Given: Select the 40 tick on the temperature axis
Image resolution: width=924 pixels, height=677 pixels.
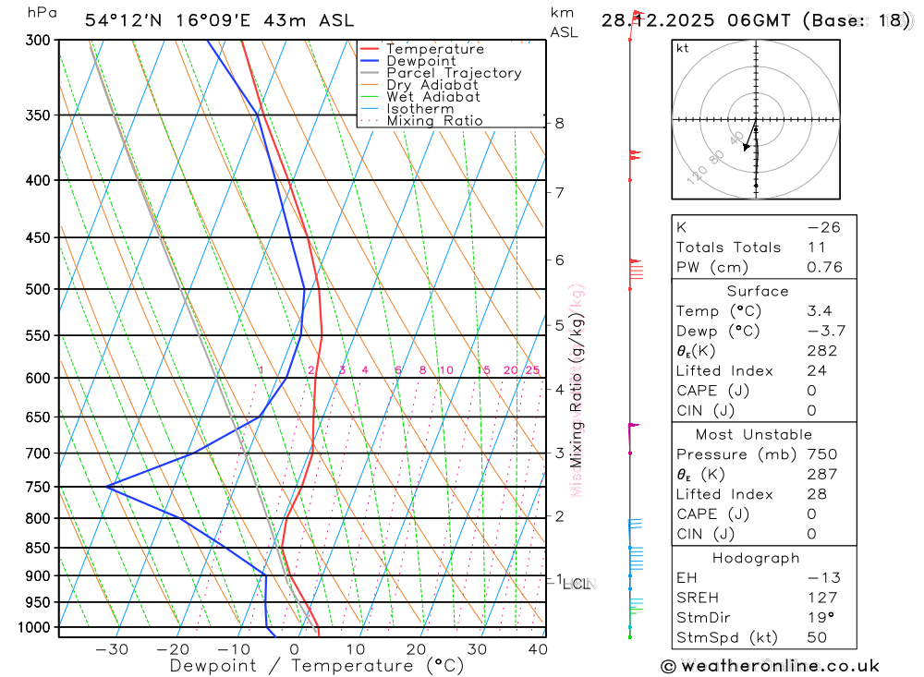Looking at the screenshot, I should click(x=537, y=649).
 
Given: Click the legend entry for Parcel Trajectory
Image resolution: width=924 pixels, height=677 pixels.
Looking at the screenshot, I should click(x=454, y=73).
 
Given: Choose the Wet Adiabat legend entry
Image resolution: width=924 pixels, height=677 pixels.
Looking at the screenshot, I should click(x=433, y=97).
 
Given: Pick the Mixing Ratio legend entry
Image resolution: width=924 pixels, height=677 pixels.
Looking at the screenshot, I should click(x=434, y=121).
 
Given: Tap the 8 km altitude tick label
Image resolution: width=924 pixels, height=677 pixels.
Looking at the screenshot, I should click(x=560, y=123).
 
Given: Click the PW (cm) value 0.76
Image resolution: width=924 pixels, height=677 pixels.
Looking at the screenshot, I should click(x=824, y=268).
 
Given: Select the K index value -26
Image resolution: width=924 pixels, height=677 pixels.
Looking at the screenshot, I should click(x=822, y=227).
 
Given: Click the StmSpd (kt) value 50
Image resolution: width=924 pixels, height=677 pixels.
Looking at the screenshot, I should click(x=817, y=637).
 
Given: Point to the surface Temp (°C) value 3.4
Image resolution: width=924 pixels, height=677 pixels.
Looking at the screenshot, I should click(x=819, y=311).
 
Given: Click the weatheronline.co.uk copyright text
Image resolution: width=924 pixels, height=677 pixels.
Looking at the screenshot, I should click(x=770, y=666).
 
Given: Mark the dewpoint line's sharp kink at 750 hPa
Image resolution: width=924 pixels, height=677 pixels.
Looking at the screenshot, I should click(x=107, y=486).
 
